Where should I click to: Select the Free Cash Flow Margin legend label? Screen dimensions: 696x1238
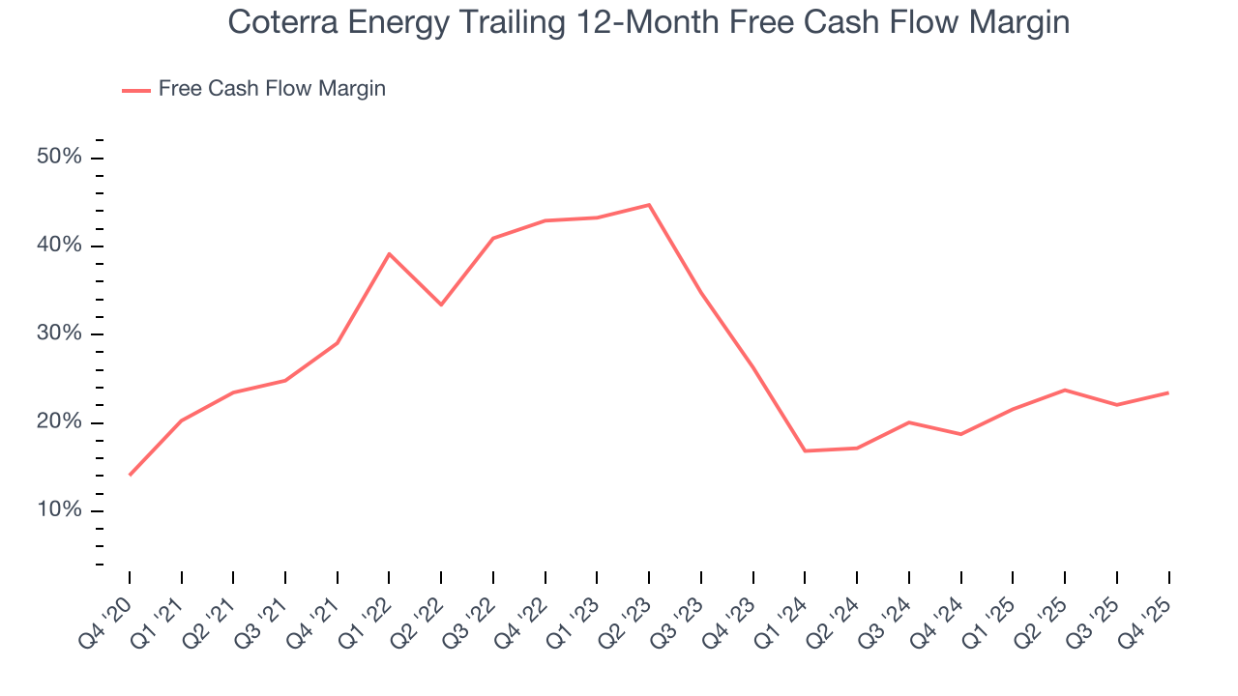click(x=272, y=89)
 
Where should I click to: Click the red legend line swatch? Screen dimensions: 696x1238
click(x=136, y=90)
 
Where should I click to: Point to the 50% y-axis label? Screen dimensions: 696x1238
click(x=59, y=158)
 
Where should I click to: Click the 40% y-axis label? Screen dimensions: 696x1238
click(x=59, y=246)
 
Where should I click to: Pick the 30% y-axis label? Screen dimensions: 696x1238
click(x=59, y=334)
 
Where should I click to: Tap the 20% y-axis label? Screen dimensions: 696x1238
click(x=59, y=422)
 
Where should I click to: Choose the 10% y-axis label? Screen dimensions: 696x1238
click(x=59, y=510)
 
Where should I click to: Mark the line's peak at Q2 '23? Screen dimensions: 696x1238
click(x=649, y=205)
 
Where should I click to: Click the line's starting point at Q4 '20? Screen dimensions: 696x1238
click(x=130, y=475)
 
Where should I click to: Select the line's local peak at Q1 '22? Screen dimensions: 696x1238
click(x=389, y=254)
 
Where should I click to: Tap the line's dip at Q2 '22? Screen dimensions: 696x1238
click(x=441, y=304)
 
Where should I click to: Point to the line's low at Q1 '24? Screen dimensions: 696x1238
click(x=805, y=450)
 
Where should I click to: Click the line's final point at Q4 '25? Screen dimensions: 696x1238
click(x=1168, y=392)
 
